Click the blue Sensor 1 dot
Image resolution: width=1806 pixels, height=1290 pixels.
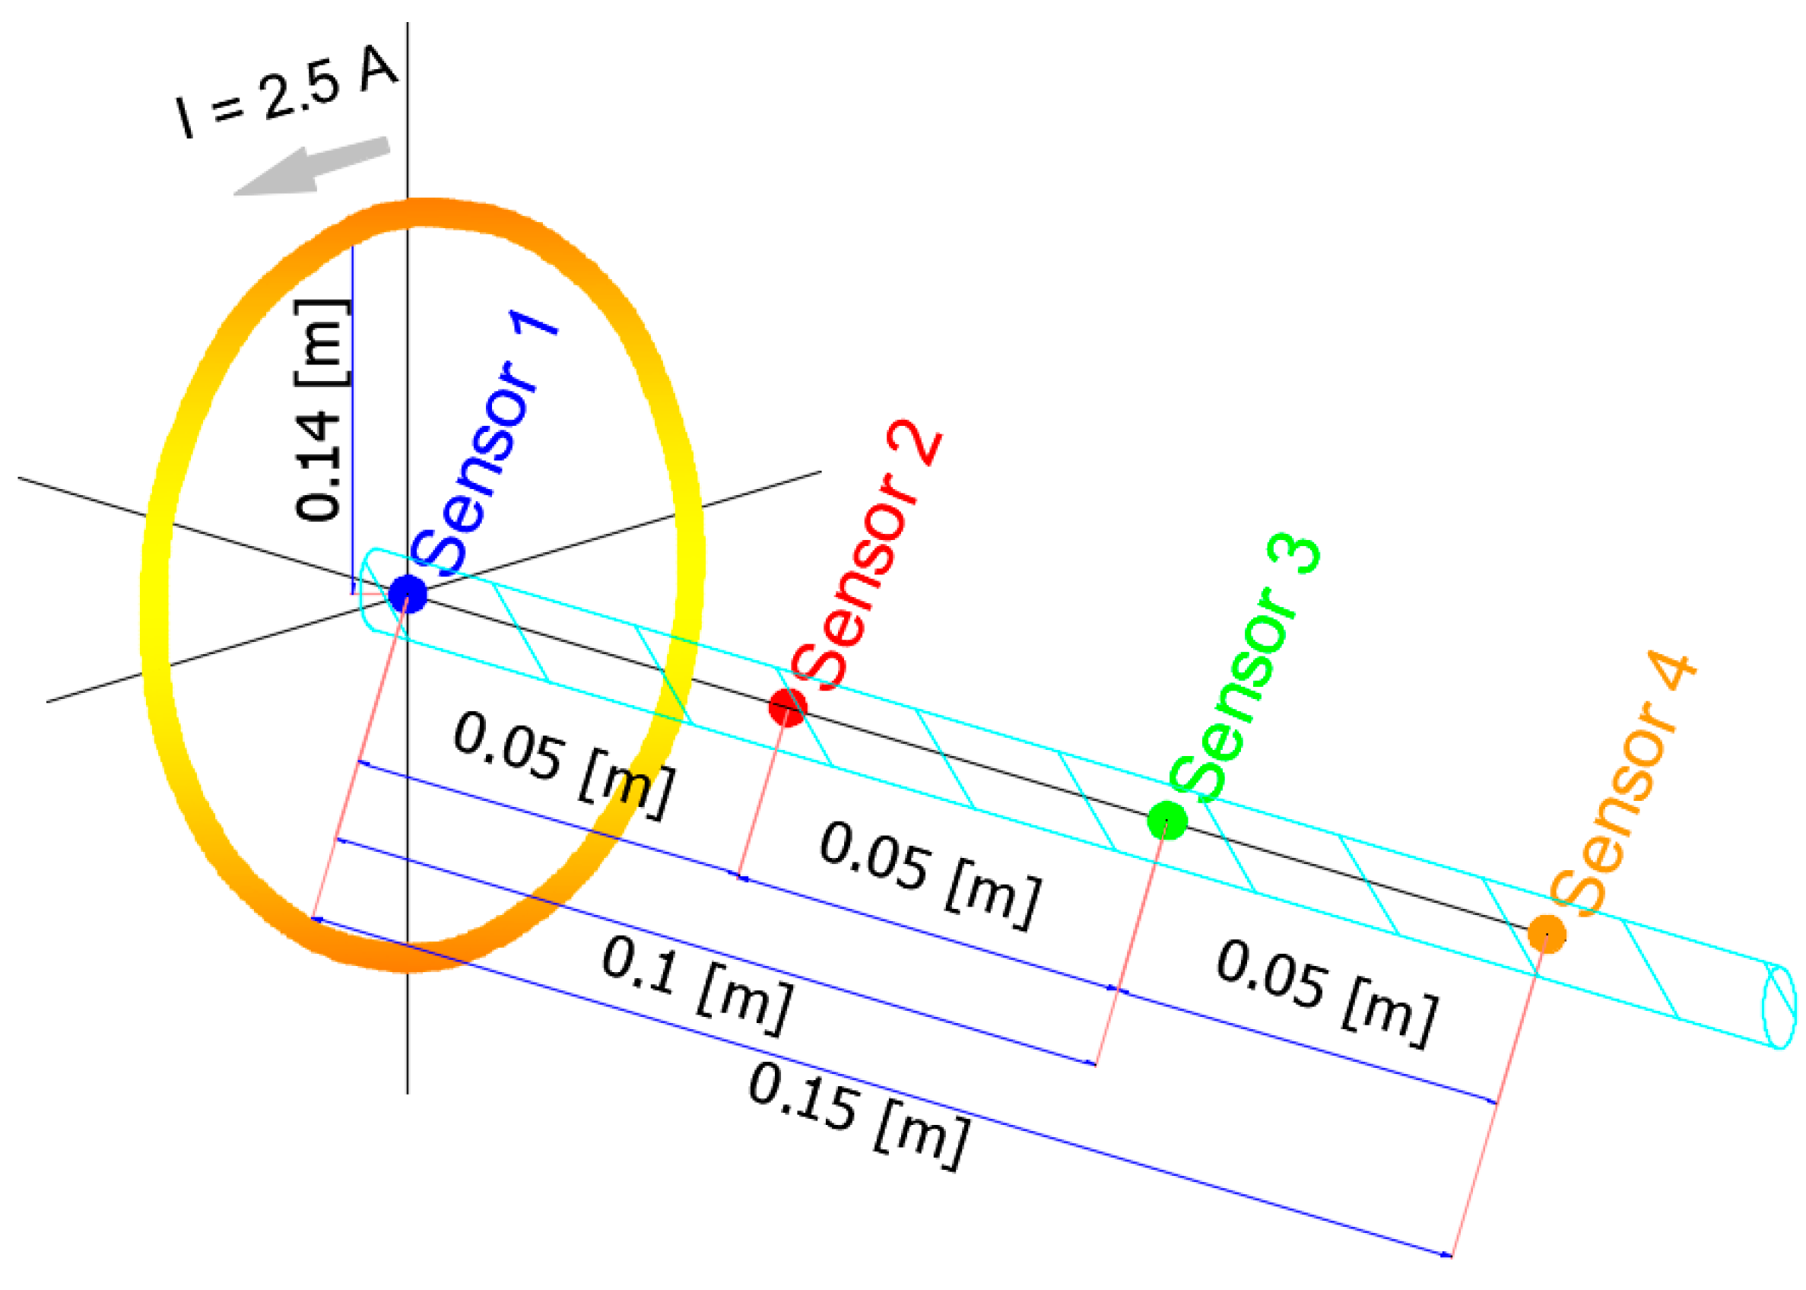pos(408,594)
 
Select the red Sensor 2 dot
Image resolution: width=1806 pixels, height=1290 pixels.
pos(787,706)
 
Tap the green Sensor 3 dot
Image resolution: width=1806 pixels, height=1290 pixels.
pos(1166,820)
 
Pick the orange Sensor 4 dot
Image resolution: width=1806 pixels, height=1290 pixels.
pos(1546,933)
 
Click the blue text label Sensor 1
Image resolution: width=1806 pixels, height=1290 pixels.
pos(484,445)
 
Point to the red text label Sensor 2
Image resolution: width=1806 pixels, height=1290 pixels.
pos(866,556)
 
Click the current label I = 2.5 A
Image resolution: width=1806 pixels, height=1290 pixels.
pos(286,95)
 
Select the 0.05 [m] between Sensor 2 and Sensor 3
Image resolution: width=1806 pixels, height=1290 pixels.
pos(930,874)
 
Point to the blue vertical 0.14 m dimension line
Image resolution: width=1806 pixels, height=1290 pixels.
pos(352,421)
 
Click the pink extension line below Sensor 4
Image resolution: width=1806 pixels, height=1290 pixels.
pos(1497,1104)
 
